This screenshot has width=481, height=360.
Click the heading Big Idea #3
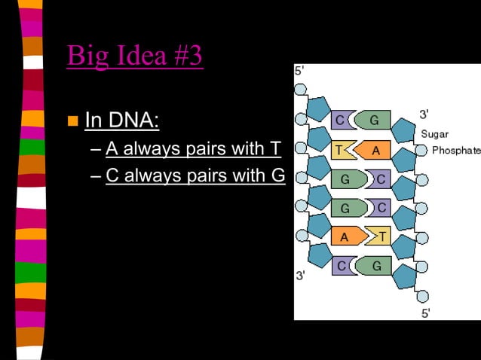135,56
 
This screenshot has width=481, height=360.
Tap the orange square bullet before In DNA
73,121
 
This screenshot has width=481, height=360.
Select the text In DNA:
121,120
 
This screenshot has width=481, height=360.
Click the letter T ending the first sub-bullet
275,148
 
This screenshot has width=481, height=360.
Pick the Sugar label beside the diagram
435,134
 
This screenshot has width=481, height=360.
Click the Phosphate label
455,151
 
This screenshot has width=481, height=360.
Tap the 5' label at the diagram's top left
299,71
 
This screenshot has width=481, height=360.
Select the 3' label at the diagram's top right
424,114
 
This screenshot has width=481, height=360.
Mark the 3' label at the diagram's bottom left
300,275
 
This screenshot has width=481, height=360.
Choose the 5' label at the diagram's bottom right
426,313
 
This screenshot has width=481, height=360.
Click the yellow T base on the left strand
340,150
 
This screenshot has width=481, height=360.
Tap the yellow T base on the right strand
381,236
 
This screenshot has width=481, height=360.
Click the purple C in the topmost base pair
340,120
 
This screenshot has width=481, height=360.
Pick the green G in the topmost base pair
373,120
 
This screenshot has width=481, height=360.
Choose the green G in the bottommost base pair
375,266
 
